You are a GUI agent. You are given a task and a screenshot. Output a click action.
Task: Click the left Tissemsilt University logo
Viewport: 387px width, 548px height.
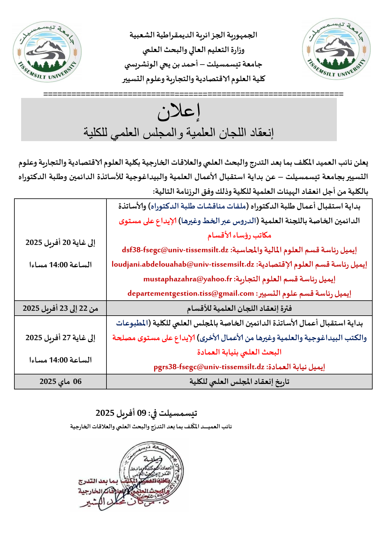click(x=47, y=51)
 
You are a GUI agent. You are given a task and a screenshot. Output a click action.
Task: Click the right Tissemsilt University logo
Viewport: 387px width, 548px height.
click(x=336, y=49)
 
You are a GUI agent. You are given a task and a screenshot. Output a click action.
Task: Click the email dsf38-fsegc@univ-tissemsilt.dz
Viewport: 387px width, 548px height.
click(x=175, y=250)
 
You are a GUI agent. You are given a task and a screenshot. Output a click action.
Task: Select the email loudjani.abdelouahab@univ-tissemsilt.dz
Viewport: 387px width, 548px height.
click(x=183, y=264)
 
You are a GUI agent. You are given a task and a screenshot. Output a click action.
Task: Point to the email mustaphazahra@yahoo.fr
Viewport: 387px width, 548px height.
click(x=188, y=279)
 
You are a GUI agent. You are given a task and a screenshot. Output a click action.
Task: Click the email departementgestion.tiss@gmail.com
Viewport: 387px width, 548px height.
click(x=191, y=293)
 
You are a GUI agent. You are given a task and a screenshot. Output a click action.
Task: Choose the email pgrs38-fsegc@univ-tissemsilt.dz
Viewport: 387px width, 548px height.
click(x=209, y=367)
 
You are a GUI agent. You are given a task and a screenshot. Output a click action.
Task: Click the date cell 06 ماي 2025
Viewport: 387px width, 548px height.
click(x=61, y=381)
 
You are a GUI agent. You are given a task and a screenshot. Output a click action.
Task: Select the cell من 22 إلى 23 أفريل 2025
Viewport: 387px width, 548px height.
click(x=61, y=308)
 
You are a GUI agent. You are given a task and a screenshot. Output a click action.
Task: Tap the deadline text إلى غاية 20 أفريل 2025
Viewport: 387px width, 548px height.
click(x=61, y=242)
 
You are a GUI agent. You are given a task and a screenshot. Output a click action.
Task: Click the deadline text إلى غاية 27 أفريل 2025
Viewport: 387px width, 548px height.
click(x=61, y=338)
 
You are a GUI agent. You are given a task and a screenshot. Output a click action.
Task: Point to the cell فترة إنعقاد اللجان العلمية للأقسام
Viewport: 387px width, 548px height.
click(x=239, y=308)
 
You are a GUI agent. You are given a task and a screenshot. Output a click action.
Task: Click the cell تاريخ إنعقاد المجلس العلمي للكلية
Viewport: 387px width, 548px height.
click(x=239, y=381)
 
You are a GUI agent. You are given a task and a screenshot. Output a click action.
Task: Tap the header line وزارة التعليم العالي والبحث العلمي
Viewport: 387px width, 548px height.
click(x=193, y=50)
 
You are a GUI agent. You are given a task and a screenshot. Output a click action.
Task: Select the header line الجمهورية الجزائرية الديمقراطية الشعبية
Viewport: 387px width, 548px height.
click(x=193, y=35)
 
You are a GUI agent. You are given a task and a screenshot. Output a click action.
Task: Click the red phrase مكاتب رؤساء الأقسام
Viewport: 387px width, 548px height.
click(x=239, y=235)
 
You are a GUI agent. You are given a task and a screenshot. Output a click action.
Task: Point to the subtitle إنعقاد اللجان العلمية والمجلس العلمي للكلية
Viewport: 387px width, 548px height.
click(x=179, y=133)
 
